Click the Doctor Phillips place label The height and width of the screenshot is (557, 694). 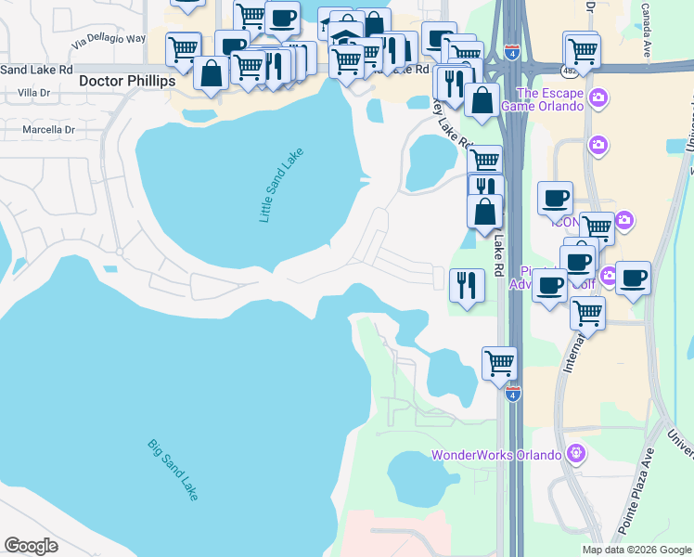[127, 82]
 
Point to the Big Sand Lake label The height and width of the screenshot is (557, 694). [173, 470]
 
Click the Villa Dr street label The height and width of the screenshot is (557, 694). [33, 94]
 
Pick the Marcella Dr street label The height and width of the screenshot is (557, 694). [47, 130]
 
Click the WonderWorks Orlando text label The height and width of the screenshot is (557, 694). [496, 455]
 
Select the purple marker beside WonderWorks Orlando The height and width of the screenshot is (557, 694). [575, 454]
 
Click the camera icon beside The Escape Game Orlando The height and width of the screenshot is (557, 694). [598, 97]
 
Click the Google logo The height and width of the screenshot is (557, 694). [32, 546]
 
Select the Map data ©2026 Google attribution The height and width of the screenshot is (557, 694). [636, 550]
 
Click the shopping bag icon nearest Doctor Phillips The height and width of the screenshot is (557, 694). [212, 74]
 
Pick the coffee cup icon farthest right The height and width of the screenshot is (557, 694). [633, 278]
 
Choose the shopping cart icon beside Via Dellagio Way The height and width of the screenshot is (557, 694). [184, 47]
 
